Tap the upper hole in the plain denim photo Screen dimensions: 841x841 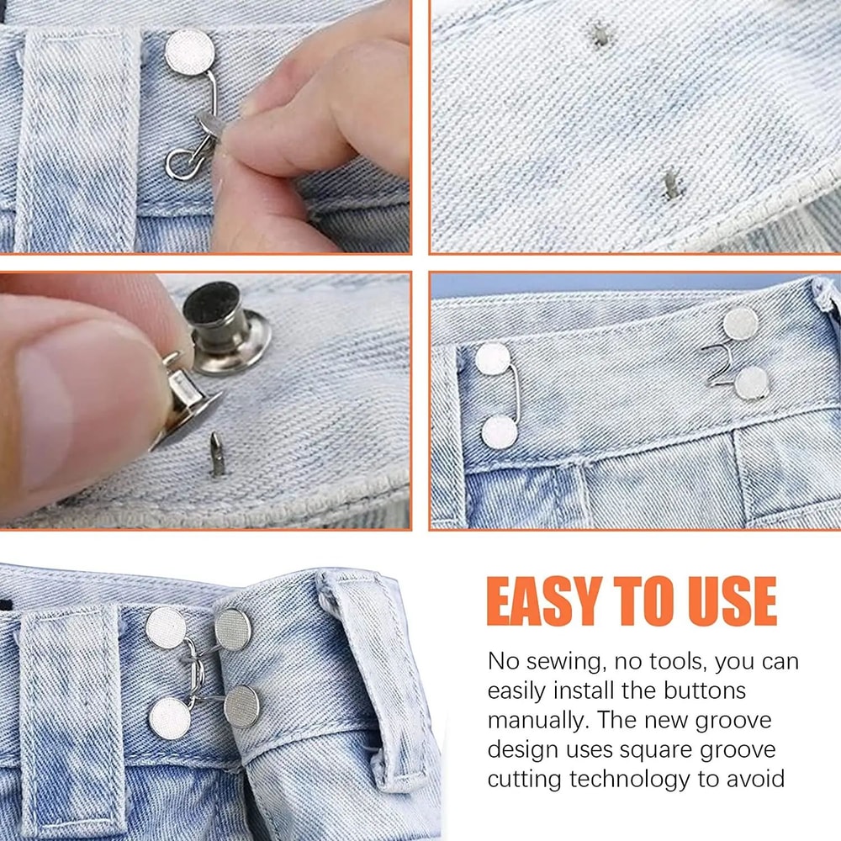coord(600,35)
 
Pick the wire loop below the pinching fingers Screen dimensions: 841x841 coord(182,163)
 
